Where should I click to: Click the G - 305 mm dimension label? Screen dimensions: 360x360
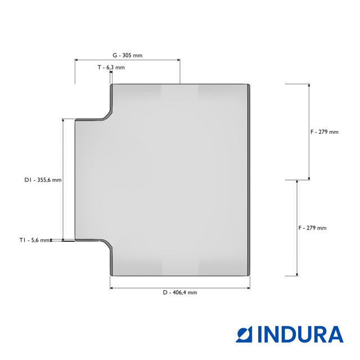[128, 55]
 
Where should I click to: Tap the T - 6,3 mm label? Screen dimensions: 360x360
[111, 67]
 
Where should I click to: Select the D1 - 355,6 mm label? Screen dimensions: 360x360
[43, 180]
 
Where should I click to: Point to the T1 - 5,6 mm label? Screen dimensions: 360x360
[34, 240]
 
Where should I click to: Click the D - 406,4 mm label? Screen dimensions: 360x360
[180, 292]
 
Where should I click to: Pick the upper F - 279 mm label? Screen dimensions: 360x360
[325, 132]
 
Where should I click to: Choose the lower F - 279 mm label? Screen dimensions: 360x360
[312, 228]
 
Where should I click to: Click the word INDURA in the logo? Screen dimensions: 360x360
[300, 334]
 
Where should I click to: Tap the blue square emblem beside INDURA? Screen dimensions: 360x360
[244, 334]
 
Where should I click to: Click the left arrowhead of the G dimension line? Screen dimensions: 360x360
[76, 60]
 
